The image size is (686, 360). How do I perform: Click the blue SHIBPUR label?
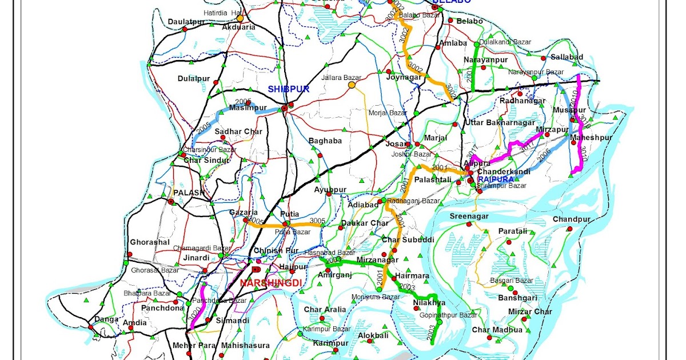[x=289, y=89]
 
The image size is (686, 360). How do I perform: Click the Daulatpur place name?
[x=186, y=22]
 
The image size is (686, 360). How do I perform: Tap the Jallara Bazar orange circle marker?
[x=352, y=85]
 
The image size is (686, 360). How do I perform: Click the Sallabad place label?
[x=567, y=57]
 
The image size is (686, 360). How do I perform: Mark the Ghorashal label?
[x=150, y=242]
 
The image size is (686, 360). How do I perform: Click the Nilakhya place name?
[x=429, y=303]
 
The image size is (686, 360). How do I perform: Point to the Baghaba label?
[x=325, y=141]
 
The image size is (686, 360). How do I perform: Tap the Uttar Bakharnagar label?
[x=500, y=122]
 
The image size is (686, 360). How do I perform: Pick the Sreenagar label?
[x=469, y=216]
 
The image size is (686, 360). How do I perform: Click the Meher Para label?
[x=192, y=346]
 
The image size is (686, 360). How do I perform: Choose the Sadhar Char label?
[x=238, y=131]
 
